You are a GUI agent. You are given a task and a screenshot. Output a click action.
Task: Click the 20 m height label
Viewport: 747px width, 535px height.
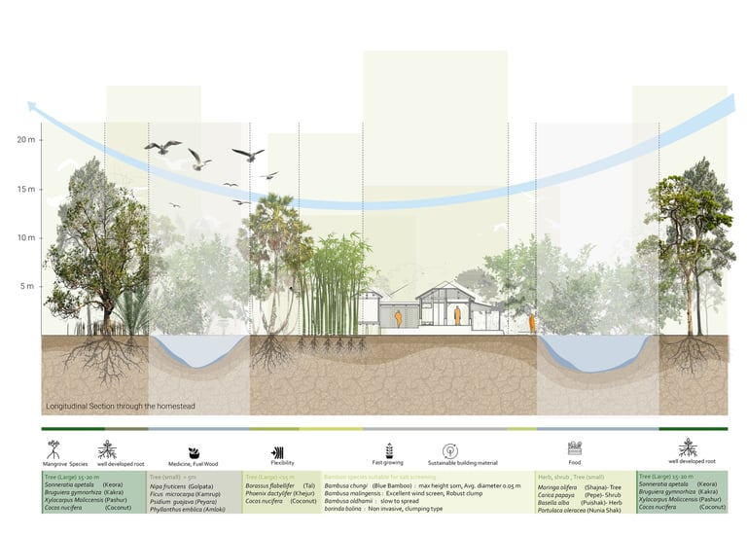tap(25, 140)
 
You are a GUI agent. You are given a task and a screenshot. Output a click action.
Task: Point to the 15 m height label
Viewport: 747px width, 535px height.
tap(25, 189)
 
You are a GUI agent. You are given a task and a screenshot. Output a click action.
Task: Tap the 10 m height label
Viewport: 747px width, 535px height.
tap(25, 237)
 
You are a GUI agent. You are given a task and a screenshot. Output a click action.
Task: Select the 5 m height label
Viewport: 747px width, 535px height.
tap(28, 286)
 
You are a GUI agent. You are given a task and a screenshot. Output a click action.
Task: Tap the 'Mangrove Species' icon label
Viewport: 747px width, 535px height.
tap(65, 464)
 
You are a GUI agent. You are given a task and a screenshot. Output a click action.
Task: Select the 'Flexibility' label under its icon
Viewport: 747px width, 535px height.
tap(282, 464)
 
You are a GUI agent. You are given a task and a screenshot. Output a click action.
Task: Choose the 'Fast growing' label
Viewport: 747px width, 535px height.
tap(387, 463)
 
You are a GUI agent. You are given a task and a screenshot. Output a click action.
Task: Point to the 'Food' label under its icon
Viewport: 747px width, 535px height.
tap(574, 464)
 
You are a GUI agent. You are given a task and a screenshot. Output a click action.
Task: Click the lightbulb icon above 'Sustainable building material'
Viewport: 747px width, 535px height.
tap(449, 450)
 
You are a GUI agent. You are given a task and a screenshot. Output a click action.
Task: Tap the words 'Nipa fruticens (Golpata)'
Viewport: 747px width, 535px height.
tap(188, 487)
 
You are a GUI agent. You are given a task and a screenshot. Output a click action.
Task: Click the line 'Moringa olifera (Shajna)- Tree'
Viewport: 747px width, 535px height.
tap(582, 487)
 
